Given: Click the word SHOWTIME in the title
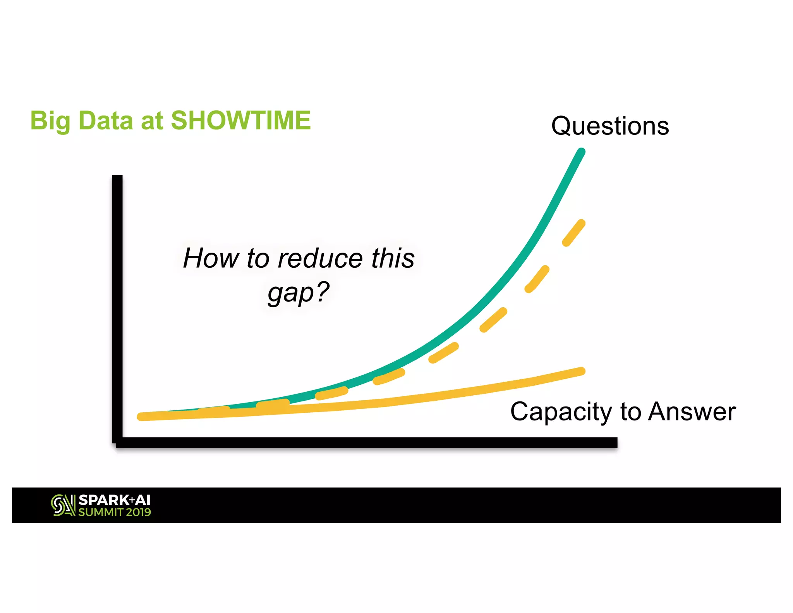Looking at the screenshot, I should coord(240,121).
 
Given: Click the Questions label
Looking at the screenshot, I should coord(610,126).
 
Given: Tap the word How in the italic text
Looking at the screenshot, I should coord(211,258).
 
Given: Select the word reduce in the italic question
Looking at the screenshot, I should coord(320,258).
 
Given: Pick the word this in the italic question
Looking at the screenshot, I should coord(393,258).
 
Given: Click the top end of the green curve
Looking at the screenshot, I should coord(581,152).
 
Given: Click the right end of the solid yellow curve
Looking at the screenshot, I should coord(581,371).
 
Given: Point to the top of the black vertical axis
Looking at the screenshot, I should coord(117,178).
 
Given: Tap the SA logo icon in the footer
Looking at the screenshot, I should coord(63,505).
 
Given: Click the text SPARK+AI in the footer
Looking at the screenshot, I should coord(114,500).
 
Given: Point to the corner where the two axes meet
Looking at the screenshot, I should coord(118,442).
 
